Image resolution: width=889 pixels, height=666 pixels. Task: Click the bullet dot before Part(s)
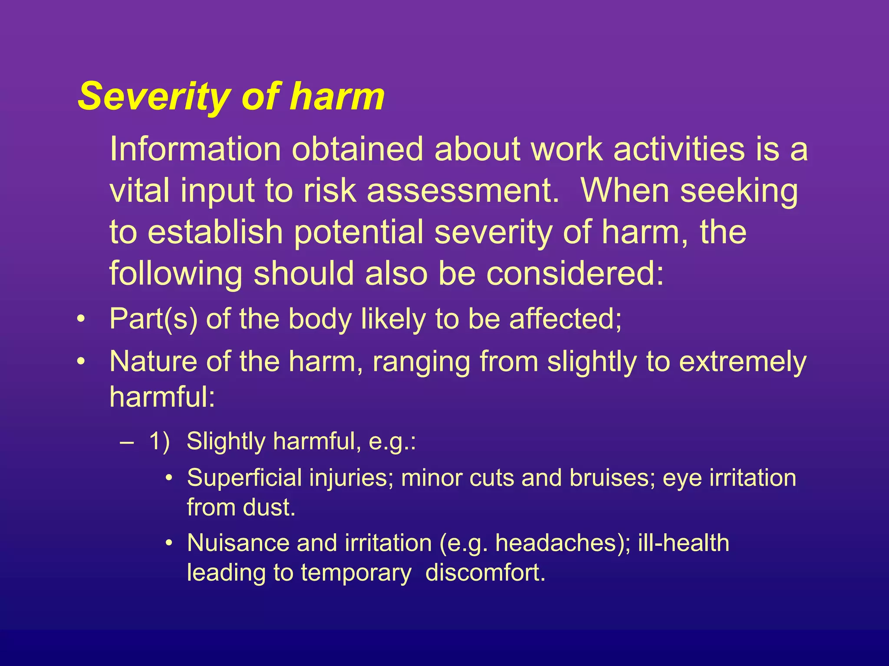(x=81, y=320)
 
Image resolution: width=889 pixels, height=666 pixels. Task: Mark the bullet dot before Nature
(x=81, y=361)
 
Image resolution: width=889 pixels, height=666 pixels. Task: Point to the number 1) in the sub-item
(x=159, y=442)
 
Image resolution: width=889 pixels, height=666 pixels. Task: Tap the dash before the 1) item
(x=127, y=443)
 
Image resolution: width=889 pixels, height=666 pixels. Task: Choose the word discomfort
(x=484, y=573)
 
